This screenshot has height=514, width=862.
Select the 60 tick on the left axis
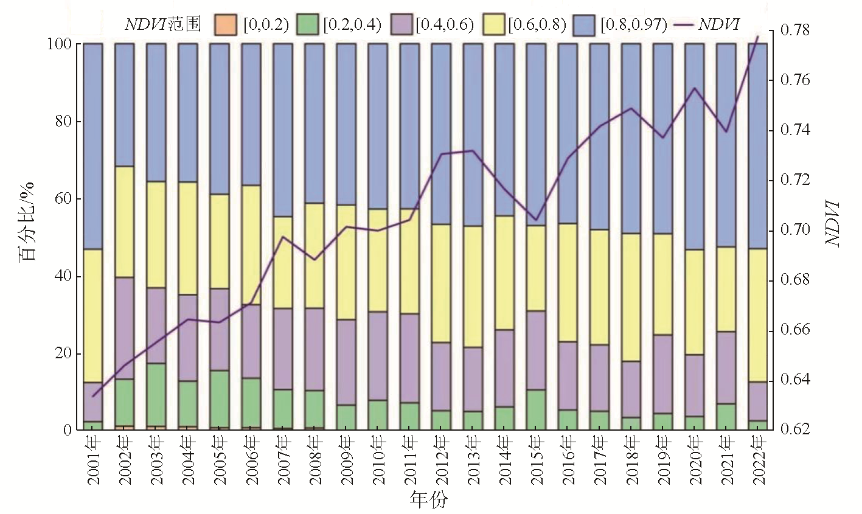pyautogui.click(x=63, y=199)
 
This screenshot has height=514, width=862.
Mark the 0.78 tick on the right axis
pyautogui.click(x=794, y=30)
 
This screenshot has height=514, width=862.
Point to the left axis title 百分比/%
pyautogui.click(x=28, y=222)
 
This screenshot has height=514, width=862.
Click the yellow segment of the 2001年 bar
pyautogui.click(x=92, y=315)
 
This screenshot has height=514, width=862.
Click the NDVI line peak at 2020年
pyautogui.click(x=694, y=88)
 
